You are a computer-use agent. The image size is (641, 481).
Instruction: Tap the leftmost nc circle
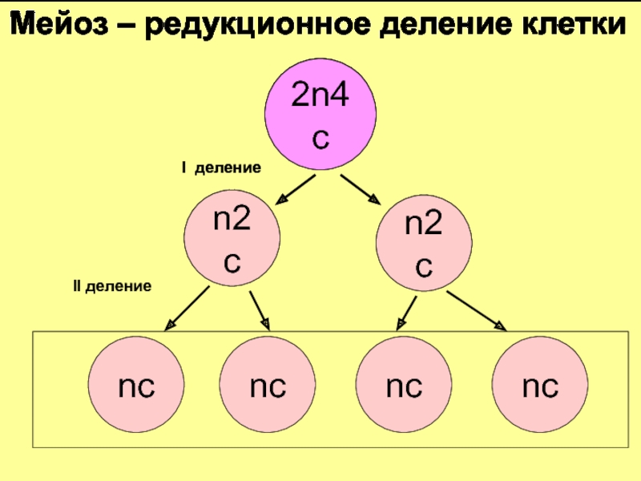coord(136,388)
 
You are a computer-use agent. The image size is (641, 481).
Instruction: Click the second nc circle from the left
coord(268,388)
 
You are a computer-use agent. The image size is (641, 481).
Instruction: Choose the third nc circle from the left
coord(404,388)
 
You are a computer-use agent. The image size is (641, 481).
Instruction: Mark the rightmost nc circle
coord(540,388)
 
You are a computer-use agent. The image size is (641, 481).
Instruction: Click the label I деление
coord(220,168)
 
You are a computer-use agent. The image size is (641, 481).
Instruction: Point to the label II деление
coord(112,286)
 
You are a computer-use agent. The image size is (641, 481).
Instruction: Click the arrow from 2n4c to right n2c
coord(361,189)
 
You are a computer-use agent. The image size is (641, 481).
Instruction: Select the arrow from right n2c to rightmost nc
coord(477,310)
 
